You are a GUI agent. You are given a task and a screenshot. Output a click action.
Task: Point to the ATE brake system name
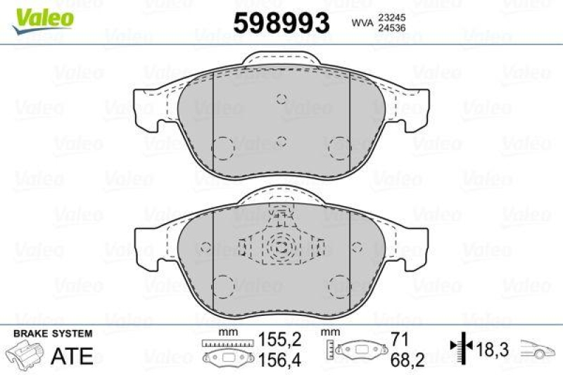click(x=72, y=356)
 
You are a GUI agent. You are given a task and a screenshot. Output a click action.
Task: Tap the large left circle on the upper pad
click(x=223, y=147)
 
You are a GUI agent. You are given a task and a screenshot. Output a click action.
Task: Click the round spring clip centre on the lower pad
click(x=281, y=246)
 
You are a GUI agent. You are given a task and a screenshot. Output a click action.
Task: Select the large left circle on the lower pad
click(x=223, y=286)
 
